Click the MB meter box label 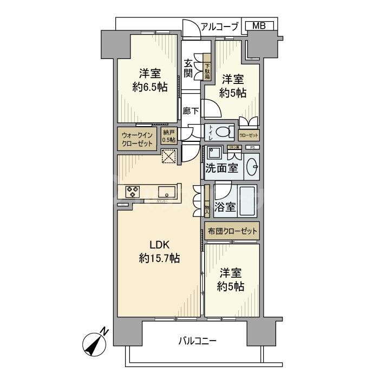click(258, 25)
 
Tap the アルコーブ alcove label click(219, 26)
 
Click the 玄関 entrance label click(188, 68)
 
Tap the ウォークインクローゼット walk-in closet click(137, 139)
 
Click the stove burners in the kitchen click(133, 191)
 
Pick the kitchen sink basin click(166, 191)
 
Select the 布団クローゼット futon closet click(232, 232)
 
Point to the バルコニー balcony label click(197, 341)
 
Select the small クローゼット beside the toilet click(249, 135)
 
